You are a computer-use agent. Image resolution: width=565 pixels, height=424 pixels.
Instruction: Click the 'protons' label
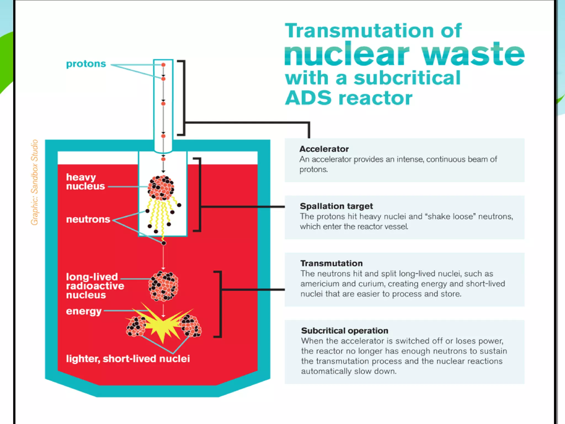(86, 64)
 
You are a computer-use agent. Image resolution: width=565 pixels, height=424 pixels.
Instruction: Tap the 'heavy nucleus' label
(85, 182)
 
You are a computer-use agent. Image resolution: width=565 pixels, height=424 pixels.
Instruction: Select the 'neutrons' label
(88, 219)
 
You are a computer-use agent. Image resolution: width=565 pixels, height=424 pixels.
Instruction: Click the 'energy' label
(84, 311)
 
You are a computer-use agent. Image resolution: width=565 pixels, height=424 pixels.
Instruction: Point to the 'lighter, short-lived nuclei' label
(128, 359)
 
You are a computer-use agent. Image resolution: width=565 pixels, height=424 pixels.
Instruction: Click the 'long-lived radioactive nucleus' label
(95, 286)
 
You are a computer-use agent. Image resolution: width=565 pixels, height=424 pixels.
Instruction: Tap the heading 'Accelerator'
(324, 149)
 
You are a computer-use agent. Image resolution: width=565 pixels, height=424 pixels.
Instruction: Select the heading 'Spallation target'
(336, 206)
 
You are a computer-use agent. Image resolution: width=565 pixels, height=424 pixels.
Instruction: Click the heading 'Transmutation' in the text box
(331, 263)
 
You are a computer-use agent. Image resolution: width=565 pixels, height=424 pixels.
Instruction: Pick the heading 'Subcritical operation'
(344, 331)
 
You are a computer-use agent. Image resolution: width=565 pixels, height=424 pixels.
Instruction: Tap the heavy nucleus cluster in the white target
(161, 187)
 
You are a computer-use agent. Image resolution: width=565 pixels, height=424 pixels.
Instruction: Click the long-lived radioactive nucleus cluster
(163, 286)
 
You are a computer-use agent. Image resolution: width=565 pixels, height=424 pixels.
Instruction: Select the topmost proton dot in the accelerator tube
(163, 65)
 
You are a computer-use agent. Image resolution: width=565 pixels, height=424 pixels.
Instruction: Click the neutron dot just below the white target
(164, 243)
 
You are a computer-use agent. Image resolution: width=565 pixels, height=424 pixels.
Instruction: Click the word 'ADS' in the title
(308, 98)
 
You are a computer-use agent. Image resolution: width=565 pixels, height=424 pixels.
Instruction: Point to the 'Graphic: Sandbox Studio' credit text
(34, 182)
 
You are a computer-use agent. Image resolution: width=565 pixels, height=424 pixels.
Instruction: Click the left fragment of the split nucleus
(136, 327)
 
